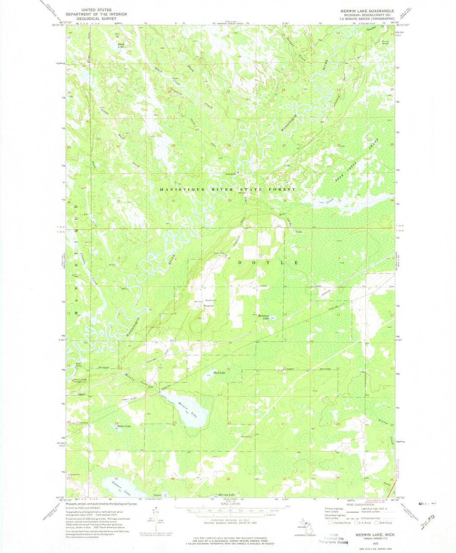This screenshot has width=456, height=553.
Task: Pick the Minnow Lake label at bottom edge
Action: pyautogui.click(x=226, y=495)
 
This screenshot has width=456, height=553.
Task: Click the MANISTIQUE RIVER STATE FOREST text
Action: pyautogui.click(x=228, y=190)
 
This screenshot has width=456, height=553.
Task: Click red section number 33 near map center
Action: pyautogui.click(x=230, y=201)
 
